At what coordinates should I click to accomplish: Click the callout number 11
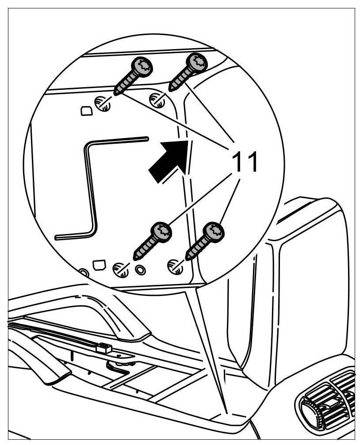[245, 162]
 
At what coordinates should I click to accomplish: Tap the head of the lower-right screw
[214, 230]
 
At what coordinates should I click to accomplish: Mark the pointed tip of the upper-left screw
[116, 93]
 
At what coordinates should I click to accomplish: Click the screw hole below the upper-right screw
[157, 100]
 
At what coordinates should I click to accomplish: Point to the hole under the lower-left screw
[120, 269]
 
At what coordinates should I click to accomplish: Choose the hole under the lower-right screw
[175, 266]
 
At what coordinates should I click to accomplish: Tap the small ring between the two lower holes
[141, 269]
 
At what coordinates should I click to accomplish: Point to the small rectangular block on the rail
[104, 348]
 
